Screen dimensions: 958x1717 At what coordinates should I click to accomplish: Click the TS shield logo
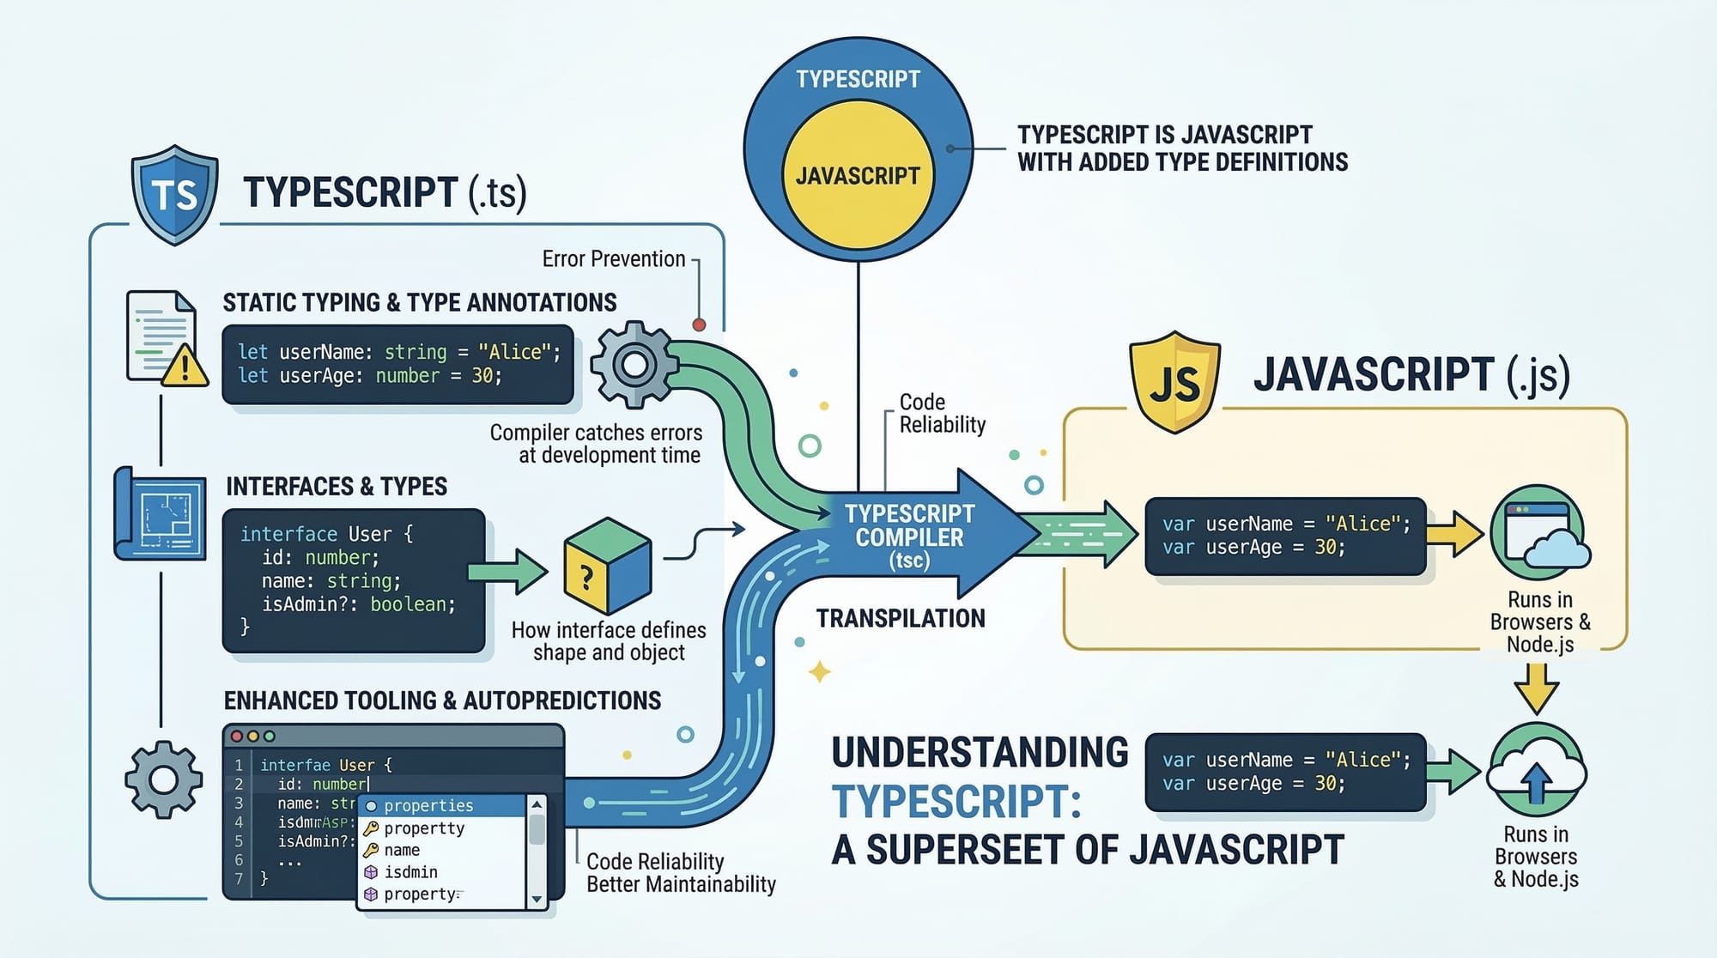click(x=174, y=195)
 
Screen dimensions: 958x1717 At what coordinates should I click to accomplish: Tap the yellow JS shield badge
click(x=1174, y=382)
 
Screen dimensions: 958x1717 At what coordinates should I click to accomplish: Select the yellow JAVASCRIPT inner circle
click(x=858, y=175)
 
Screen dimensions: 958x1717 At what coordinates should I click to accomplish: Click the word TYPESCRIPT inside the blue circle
click(x=858, y=79)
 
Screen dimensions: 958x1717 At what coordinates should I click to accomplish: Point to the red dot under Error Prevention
click(x=699, y=324)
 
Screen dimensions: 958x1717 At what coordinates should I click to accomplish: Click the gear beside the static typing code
click(x=634, y=365)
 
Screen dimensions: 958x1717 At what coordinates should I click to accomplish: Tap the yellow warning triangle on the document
click(x=184, y=367)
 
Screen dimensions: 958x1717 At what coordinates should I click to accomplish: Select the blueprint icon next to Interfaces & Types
click(x=161, y=513)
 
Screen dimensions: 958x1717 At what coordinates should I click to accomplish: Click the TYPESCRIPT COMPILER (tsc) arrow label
click(x=910, y=537)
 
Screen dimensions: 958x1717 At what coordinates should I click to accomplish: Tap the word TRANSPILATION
click(x=901, y=618)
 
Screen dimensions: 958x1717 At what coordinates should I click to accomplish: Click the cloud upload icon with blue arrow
click(x=1536, y=771)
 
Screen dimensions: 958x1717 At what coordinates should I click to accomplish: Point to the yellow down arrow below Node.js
click(x=1536, y=687)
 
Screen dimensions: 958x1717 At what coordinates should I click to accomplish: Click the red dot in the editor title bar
click(x=237, y=737)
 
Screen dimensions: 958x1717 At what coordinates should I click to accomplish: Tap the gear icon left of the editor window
click(x=163, y=779)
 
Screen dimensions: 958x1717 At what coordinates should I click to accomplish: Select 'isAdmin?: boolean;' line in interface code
click(x=358, y=604)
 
